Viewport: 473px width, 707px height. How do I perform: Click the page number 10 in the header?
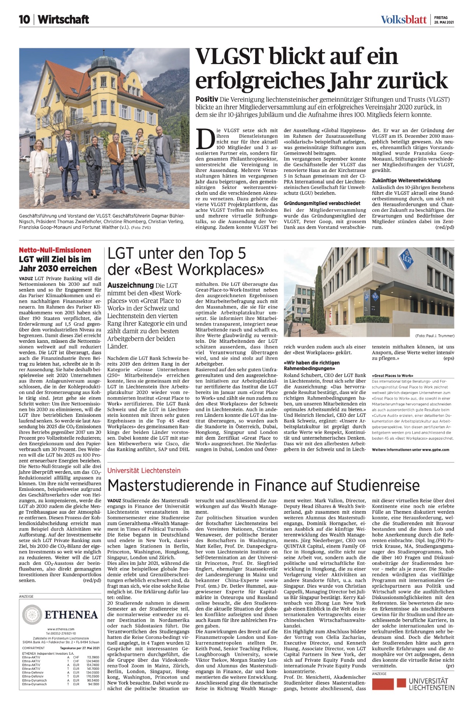click(x=25, y=20)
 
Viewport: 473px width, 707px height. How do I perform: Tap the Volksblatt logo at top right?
click(x=403, y=20)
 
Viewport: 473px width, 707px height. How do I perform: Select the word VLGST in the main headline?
click(x=229, y=57)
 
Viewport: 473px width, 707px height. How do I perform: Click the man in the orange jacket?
click(x=116, y=162)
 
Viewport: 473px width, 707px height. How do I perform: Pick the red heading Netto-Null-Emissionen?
click(x=55, y=250)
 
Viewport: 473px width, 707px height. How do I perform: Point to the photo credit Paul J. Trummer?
click(x=435, y=336)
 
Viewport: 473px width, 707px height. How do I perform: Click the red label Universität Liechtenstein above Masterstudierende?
click(x=144, y=471)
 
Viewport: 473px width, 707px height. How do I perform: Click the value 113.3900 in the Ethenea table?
click(x=93, y=657)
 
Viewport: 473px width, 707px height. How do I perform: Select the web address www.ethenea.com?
click(x=60, y=629)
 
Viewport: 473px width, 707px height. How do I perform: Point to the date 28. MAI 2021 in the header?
click(x=444, y=22)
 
